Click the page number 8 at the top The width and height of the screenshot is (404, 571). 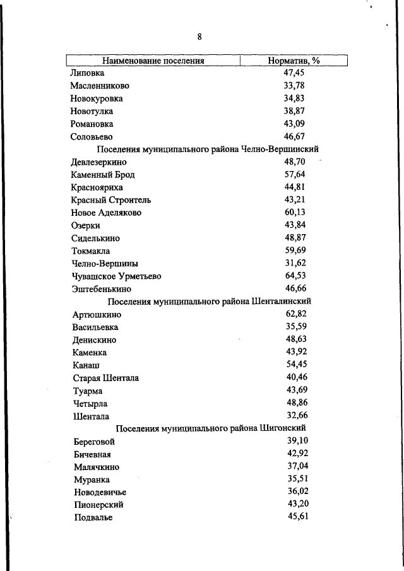pos(199,37)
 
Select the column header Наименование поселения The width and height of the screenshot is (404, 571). pos(154,61)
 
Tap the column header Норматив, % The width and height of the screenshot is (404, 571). pos(294,61)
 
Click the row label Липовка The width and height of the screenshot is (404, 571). pos(88,73)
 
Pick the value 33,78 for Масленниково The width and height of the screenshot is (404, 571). pos(294,86)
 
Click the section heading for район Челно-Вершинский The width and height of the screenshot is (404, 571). pos(208,149)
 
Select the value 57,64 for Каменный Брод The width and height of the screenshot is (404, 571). pos(295,174)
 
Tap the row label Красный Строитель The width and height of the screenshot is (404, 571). pos(111,200)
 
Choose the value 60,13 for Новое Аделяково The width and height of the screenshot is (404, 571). pos(295,213)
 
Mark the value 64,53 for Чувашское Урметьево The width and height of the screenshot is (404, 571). pos(295,276)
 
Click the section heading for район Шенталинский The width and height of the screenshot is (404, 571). pos(210,302)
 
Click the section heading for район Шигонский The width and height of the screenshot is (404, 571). pos(211,429)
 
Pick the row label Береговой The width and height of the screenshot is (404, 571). pos(94,442)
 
